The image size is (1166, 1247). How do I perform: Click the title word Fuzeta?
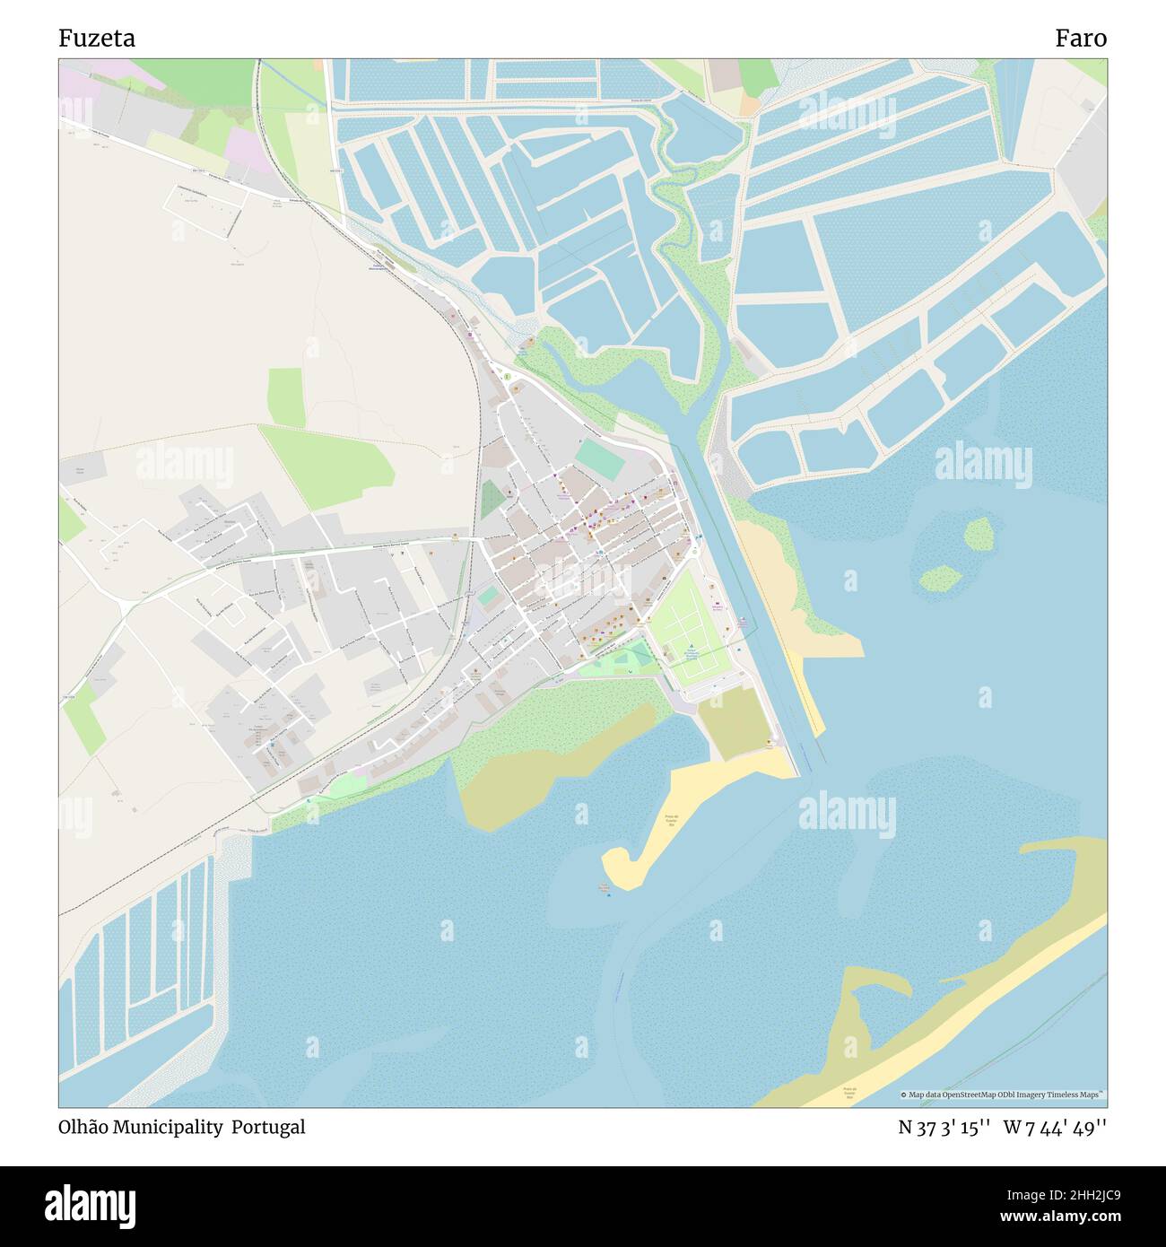coord(98,39)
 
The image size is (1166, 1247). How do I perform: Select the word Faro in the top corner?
coord(1080,39)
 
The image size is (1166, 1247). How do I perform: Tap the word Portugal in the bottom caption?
coord(268,1127)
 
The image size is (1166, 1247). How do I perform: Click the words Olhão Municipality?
coord(141,1127)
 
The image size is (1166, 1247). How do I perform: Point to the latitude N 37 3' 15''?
coord(944,1127)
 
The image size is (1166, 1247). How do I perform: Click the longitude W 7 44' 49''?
coord(1056,1127)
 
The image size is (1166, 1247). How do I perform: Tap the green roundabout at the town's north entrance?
coord(507,377)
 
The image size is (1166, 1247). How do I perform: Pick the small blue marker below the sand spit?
coord(608,895)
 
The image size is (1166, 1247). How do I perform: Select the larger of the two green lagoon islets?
coord(979,535)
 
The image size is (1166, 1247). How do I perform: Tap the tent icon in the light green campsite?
coord(691,649)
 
